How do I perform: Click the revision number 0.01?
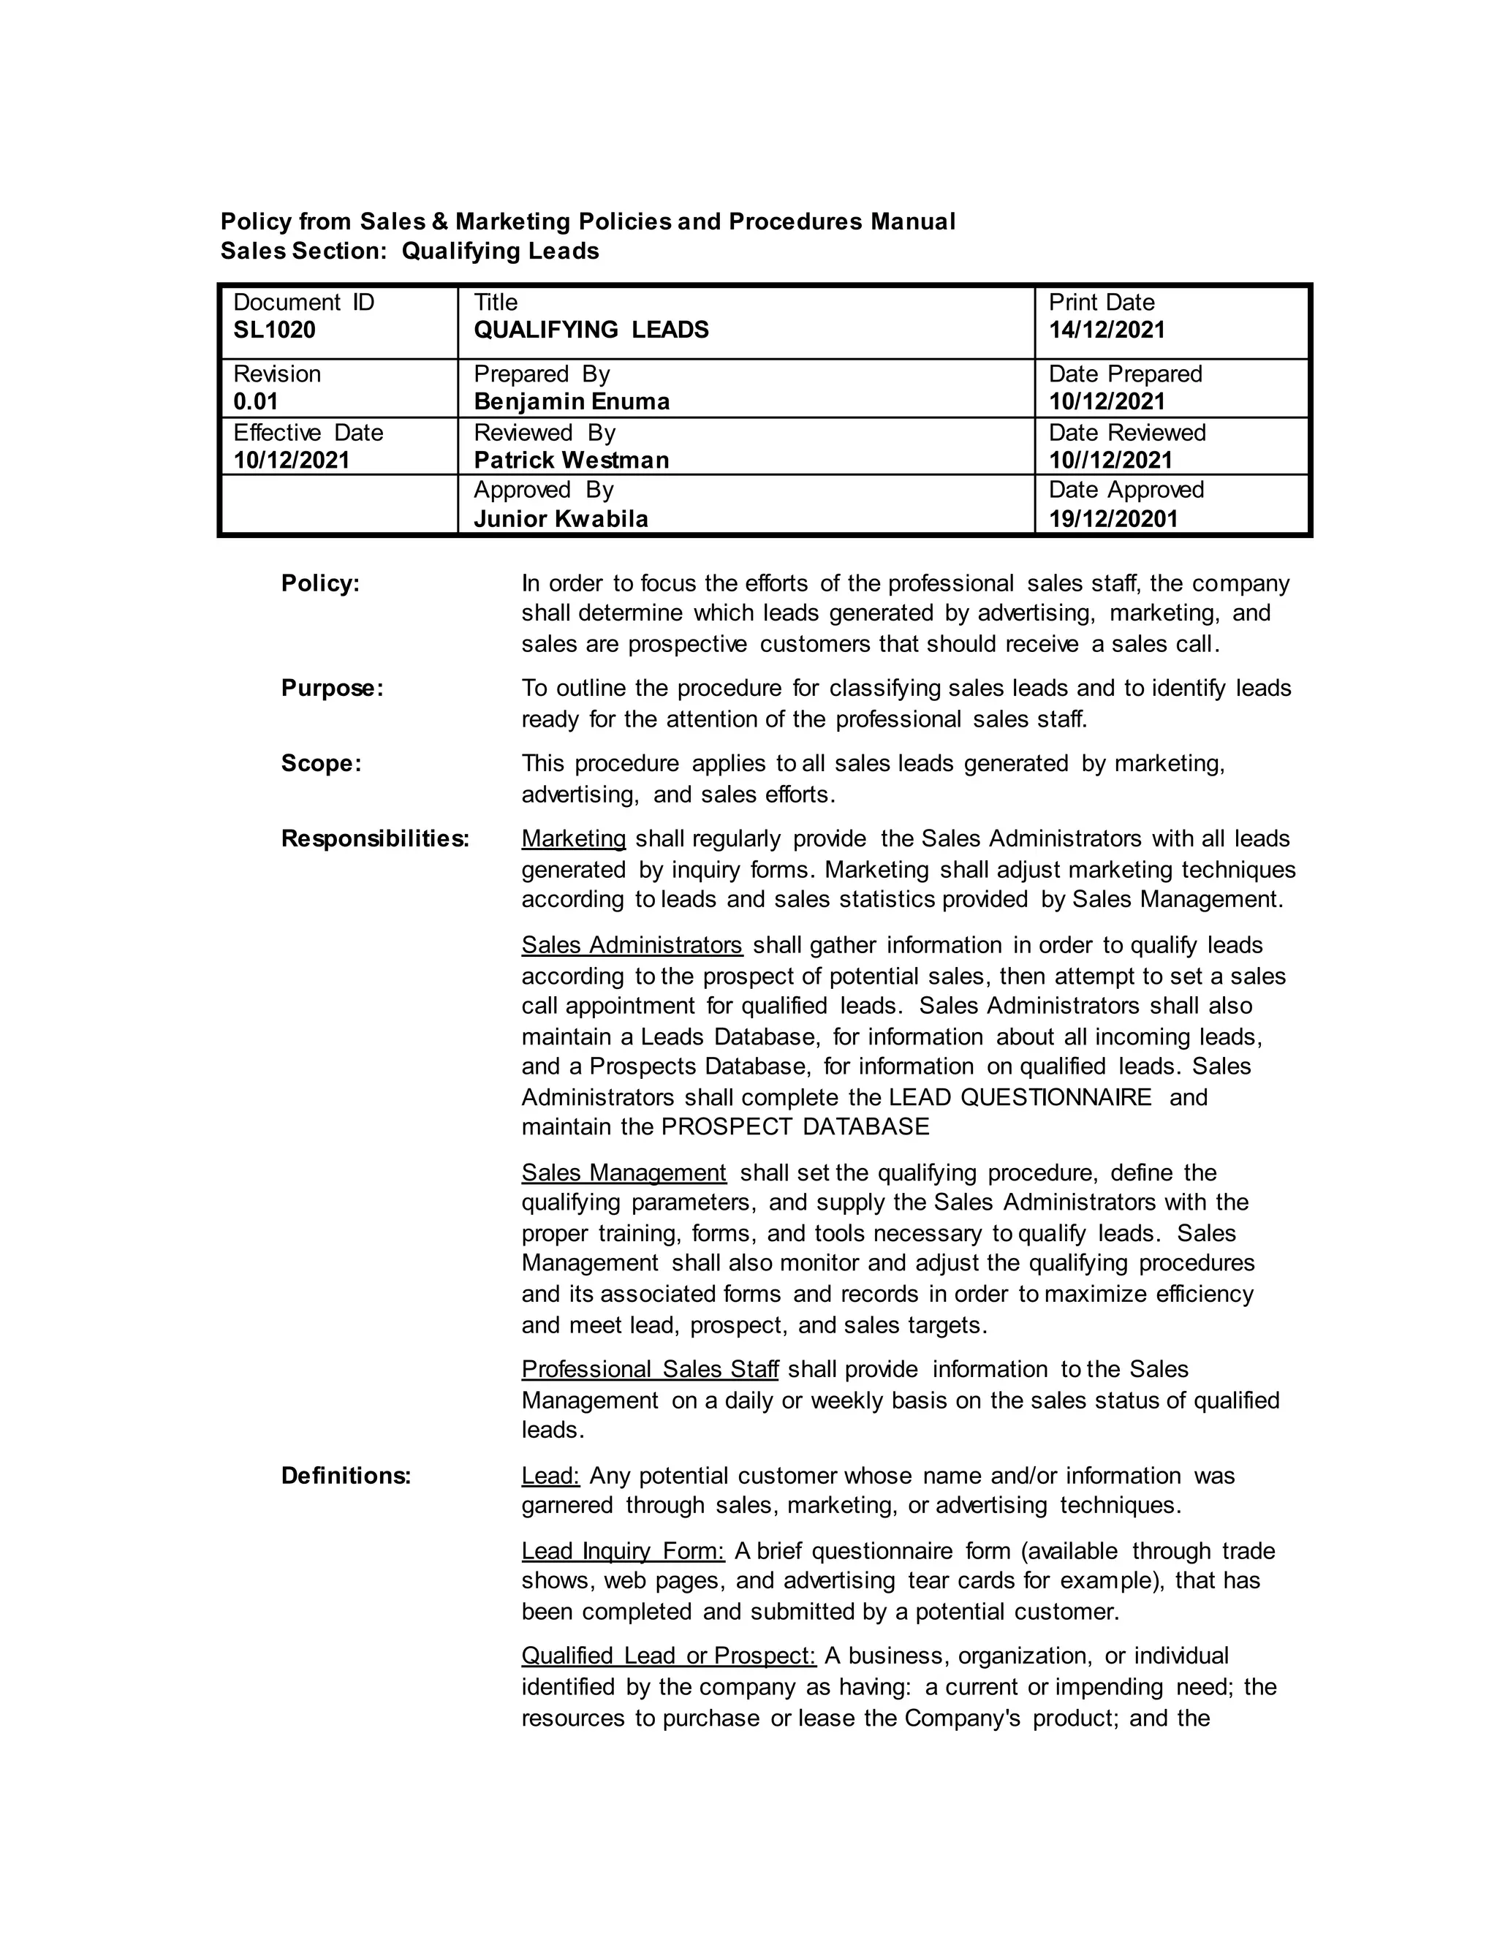click(x=255, y=402)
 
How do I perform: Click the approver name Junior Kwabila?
click(x=561, y=519)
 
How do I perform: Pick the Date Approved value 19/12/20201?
click(x=1113, y=519)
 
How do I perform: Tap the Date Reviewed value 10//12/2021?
click(x=1110, y=460)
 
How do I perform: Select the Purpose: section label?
click(x=332, y=689)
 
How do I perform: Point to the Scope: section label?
click(x=321, y=764)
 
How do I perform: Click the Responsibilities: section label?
click(x=374, y=839)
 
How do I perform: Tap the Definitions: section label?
click(x=346, y=1476)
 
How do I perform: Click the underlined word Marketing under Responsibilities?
click(x=573, y=839)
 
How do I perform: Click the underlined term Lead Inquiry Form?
click(x=623, y=1551)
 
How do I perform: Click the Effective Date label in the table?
click(x=308, y=433)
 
